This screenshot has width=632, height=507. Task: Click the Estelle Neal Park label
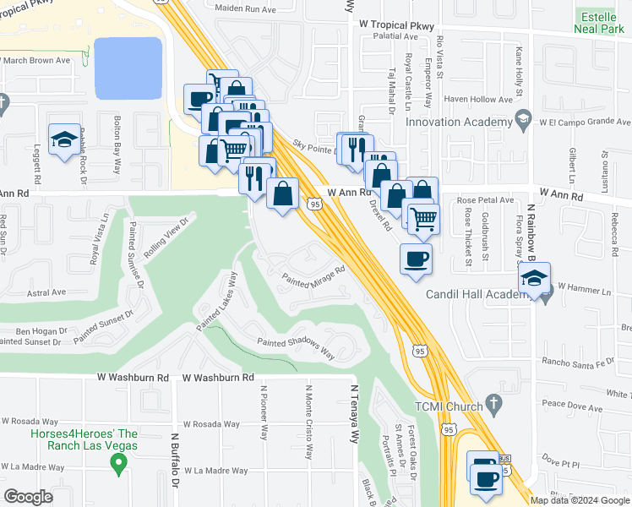click(x=602, y=22)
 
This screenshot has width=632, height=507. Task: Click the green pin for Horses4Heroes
click(x=119, y=463)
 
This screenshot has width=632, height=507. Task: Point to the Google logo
click(x=28, y=496)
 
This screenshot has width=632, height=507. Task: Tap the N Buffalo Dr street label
click(x=177, y=461)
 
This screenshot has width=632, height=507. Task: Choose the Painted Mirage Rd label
click(x=314, y=277)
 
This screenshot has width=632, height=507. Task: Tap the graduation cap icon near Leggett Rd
click(x=63, y=140)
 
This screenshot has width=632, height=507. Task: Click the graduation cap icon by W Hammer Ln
click(x=534, y=278)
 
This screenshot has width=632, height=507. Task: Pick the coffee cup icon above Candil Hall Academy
click(x=414, y=258)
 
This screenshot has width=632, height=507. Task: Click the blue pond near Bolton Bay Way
click(x=128, y=68)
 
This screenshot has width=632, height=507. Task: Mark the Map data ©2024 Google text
click(x=580, y=499)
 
